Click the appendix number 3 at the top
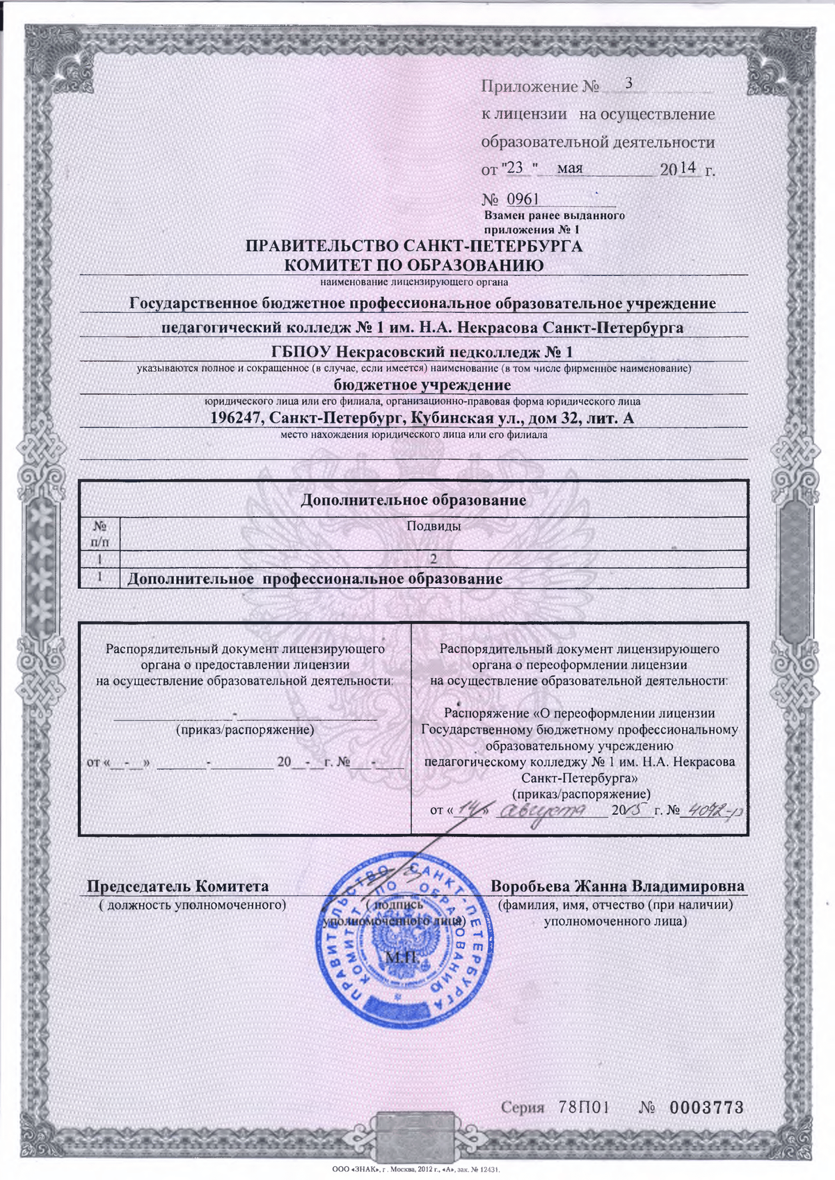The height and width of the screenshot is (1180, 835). [629, 83]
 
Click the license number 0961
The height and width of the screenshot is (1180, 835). [523, 200]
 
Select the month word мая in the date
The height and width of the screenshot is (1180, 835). [570, 168]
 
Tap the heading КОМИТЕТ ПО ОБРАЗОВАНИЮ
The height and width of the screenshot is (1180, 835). [414, 265]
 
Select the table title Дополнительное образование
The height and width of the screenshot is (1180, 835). [413, 500]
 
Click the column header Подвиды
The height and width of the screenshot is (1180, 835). [433, 526]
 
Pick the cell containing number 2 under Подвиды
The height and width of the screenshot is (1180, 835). [433, 558]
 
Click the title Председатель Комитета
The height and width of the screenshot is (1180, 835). [177, 887]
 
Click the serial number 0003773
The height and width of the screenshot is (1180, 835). [706, 1108]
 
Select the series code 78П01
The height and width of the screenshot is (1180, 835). [584, 1108]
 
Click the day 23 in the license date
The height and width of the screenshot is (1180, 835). [515, 168]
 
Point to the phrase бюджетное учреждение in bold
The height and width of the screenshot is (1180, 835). [422, 385]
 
